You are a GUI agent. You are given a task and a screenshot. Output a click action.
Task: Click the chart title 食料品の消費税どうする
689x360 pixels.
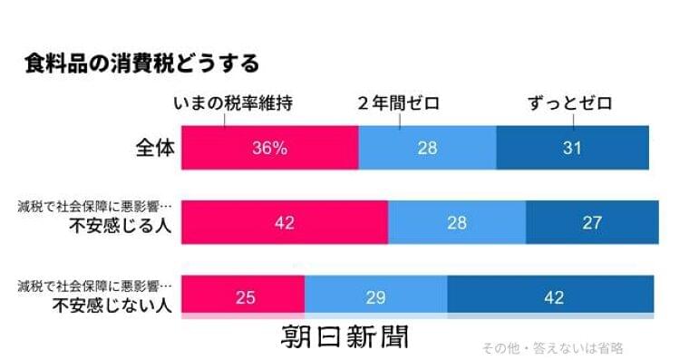(142, 63)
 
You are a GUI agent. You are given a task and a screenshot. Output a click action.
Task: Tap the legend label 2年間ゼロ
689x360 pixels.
(398, 103)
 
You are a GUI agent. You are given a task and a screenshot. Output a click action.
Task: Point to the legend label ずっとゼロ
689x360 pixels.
(570, 103)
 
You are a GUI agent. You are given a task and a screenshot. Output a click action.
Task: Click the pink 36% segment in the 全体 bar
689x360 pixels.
(269, 148)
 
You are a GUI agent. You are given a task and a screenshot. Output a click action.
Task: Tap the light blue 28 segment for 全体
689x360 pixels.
(427, 148)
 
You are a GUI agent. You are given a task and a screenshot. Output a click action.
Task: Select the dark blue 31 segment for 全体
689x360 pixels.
(572, 148)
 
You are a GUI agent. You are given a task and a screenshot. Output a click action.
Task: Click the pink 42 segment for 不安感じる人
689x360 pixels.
(284, 223)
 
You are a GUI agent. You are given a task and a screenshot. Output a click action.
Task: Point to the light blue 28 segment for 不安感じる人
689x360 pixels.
(456, 223)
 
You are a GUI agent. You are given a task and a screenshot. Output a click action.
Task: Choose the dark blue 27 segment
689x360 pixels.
(592, 223)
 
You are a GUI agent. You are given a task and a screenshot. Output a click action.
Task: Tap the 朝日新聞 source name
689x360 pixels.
(344, 337)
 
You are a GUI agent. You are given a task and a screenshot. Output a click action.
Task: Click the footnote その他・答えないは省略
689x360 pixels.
(553, 348)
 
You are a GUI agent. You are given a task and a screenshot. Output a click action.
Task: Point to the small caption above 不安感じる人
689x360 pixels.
(95, 209)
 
